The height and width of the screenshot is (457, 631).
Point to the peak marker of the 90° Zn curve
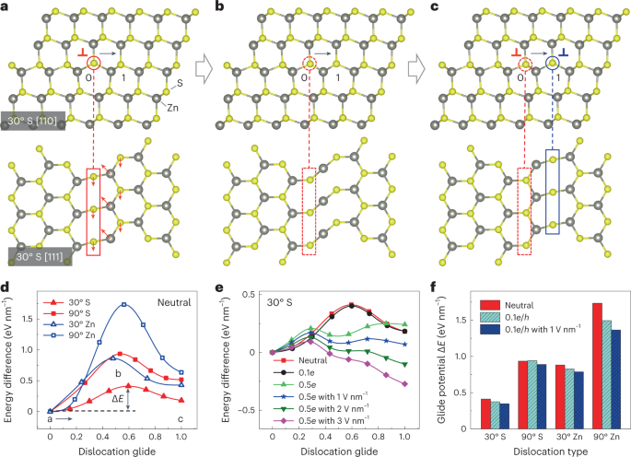(123, 304)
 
